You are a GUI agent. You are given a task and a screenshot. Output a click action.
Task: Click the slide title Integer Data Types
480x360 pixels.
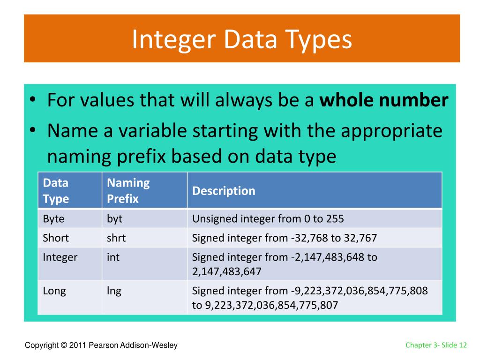point(242,40)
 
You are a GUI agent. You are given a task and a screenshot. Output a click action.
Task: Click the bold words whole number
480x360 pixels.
point(384,100)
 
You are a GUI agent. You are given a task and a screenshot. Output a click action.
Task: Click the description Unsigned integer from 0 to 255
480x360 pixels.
point(268,219)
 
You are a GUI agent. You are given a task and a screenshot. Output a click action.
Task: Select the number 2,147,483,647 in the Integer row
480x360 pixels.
point(227,271)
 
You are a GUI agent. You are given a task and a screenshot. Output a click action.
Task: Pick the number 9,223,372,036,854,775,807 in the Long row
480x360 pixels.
point(271,305)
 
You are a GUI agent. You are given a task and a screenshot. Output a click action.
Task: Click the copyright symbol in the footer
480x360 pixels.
point(64,345)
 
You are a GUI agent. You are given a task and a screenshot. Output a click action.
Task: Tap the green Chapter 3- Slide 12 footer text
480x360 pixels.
point(436,345)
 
